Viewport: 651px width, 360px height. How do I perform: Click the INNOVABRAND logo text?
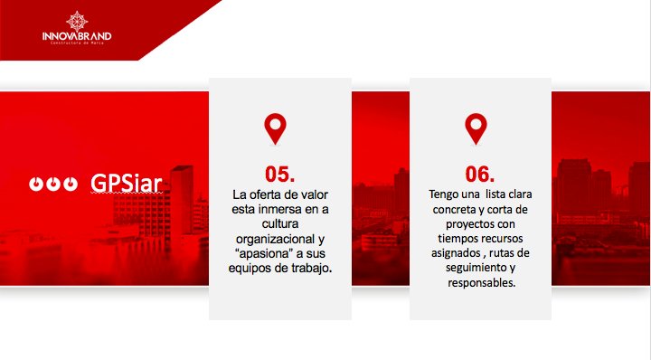pyautogui.click(x=77, y=36)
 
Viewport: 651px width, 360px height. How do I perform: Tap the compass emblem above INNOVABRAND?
pyautogui.click(x=77, y=20)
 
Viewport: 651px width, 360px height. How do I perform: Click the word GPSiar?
pyautogui.click(x=127, y=183)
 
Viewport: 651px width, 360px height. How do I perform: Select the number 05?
pyautogui.click(x=279, y=174)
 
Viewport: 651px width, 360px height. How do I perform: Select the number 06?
pyautogui.click(x=480, y=174)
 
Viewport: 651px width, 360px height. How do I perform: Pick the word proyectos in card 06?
pyautogui.click(x=469, y=224)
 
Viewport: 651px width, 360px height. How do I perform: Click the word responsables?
pyautogui.click(x=480, y=283)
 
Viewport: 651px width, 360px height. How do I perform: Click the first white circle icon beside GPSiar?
pyautogui.click(x=35, y=184)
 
